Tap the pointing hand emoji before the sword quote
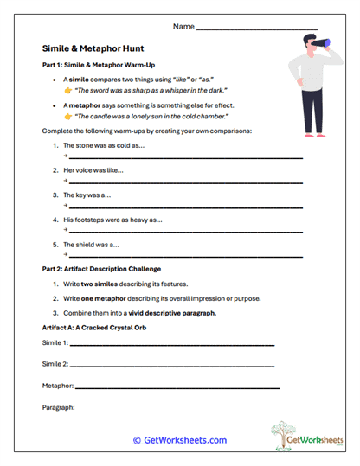coord(68,89)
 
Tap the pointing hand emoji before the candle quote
coord(68,116)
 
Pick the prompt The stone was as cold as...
coord(104,145)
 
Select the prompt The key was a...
coord(87,195)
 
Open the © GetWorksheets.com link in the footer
coord(179,440)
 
